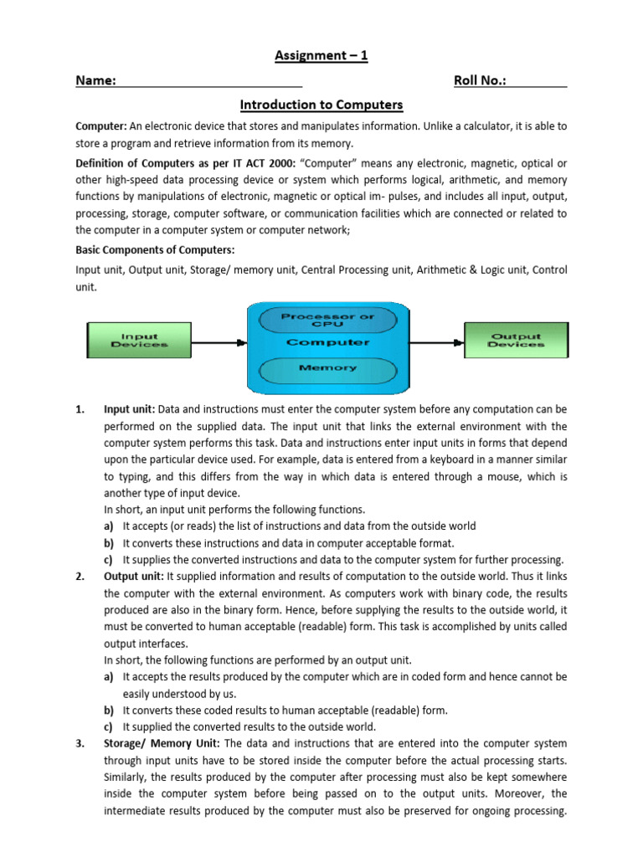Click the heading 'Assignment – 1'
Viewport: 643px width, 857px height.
(x=321, y=56)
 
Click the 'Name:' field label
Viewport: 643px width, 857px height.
(x=95, y=80)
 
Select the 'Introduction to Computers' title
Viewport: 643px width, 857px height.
(x=321, y=105)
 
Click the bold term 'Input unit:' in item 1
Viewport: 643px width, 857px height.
(x=130, y=409)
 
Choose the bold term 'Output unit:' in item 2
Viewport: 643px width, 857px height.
(x=134, y=577)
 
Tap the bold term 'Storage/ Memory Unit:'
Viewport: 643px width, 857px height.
(x=162, y=743)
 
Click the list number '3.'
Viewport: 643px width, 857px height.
(x=80, y=743)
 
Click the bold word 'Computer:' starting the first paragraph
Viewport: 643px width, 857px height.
(x=101, y=126)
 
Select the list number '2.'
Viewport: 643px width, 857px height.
(x=80, y=577)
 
